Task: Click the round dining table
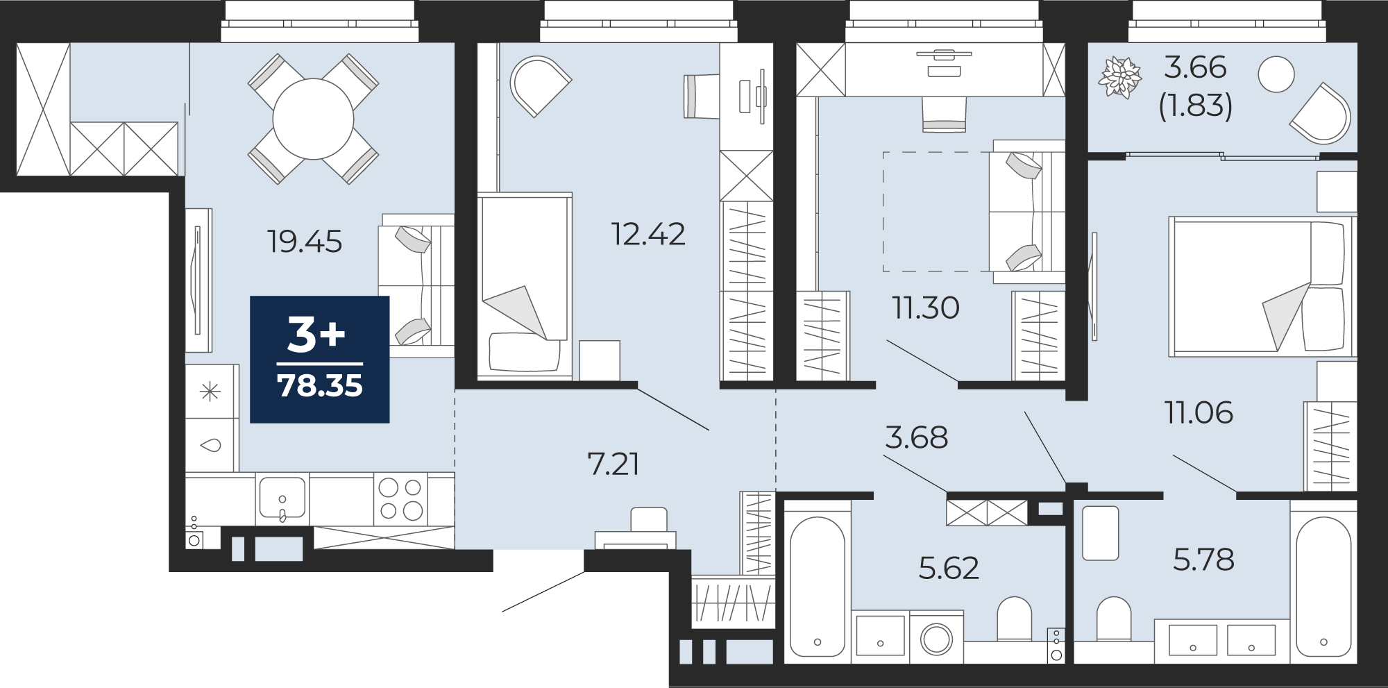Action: click(313, 119)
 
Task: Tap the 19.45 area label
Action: click(305, 242)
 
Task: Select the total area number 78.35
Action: click(320, 385)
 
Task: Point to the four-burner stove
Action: click(400, 499)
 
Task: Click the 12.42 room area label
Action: click(648, 234)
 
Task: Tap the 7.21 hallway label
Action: click(613, 464)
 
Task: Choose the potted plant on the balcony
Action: click(1119, 77)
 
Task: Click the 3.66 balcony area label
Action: click(1195, 67)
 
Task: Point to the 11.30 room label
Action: click(926, 308)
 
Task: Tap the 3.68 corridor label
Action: click(916, 438)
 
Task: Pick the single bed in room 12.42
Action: click(525, 287)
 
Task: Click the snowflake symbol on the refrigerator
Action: click(210, 392)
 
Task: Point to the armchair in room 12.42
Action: click(540, 85)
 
